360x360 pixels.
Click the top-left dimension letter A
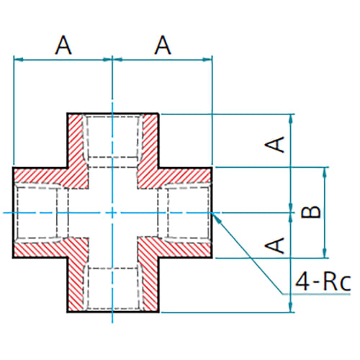pyautogui.click(x=63, y=45)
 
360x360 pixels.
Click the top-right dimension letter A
pyautogui.click(x=163, y=45)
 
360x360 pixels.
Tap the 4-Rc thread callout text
pyautogui.click(x=323, y=282)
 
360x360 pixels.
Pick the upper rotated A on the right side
pyautogui.click(x=275, y=144)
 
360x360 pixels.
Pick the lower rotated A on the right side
pyautogui.click(x=275, y=246)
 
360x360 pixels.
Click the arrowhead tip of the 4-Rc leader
pyautogui.click(x=212, y=213)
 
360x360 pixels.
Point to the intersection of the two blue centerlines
pyautogui.click(x=112, y=212)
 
